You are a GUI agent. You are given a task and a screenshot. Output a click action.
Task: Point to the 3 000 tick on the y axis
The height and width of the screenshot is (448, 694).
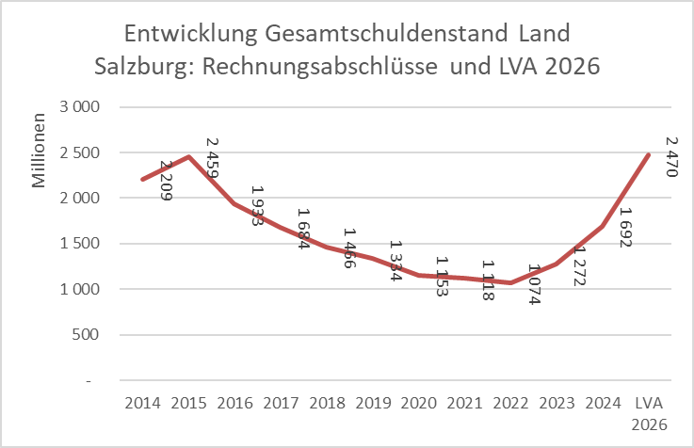click(x=81, y=106)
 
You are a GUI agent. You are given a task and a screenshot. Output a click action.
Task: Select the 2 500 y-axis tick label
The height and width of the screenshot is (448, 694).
click(x=81, y=152)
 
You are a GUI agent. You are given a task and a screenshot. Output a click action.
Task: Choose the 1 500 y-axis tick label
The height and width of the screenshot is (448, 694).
click(x=81, y=244)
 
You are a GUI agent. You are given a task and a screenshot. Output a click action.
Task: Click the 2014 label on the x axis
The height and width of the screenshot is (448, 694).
click(x=142, y=403)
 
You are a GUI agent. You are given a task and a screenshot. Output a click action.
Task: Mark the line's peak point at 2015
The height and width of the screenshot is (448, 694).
click(x=188, y=156)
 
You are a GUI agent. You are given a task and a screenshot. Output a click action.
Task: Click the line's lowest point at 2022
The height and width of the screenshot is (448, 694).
click(x=509, y=282)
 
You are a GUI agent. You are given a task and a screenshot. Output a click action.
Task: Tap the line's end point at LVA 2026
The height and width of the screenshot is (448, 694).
click(x=649, y=155)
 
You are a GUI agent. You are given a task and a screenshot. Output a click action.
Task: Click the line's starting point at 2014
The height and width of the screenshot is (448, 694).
click(x=142, y=179)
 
